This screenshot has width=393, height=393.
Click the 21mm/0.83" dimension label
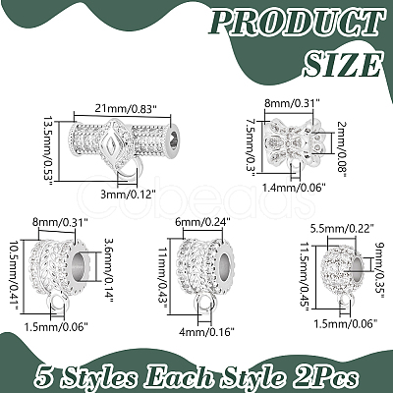coord(125,109)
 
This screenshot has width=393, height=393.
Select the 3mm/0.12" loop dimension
coord(127,195)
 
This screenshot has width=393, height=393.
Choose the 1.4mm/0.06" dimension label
coord(294,188)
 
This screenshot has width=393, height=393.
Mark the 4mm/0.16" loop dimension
coord(206,332)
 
